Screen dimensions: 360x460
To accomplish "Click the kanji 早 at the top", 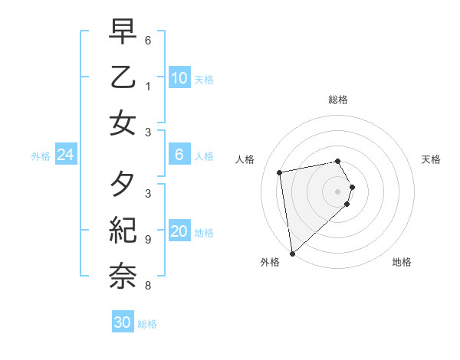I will click(123, 31).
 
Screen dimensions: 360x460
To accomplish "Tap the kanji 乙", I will click(123, 77).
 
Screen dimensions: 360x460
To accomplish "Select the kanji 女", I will click(123, 123).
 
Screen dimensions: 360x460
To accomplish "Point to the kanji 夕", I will click(123, 184).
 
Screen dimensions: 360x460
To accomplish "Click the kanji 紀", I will click(123, 230).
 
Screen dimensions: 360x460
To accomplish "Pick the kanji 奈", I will click(123, 274).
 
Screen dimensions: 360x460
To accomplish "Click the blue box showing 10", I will click(179, 78).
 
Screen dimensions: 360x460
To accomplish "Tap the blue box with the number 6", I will click(179, 155).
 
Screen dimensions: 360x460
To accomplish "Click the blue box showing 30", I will click(123, 322).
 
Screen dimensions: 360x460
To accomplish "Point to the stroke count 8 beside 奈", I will click(148, 286).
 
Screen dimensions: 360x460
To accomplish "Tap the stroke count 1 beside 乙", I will click(148, 86).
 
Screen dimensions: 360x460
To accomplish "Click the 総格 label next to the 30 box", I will click(147, 324).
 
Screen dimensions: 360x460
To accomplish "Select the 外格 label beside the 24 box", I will click(41, 156).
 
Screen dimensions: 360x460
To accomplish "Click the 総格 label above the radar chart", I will click(338, 100).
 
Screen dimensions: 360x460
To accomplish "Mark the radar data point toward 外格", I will click(292, 253).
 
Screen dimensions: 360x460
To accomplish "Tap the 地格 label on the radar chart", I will click(402, 262).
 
